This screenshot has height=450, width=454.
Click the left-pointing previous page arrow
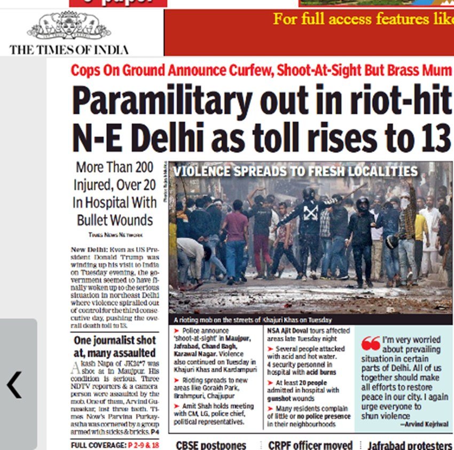click(14, 385)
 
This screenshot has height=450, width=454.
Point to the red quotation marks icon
click(371, 344)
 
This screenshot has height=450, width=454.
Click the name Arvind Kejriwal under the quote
click(420, 424)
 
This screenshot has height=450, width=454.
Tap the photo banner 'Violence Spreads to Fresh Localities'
click(295, 172)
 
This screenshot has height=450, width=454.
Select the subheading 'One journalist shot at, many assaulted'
click(114, 346)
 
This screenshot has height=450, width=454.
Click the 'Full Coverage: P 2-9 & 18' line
click(115, 445)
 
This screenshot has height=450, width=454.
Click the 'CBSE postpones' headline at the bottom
click(211, 445)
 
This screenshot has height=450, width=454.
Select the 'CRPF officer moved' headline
click(310, 445)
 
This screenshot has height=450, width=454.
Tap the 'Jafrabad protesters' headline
click(410, 445)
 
